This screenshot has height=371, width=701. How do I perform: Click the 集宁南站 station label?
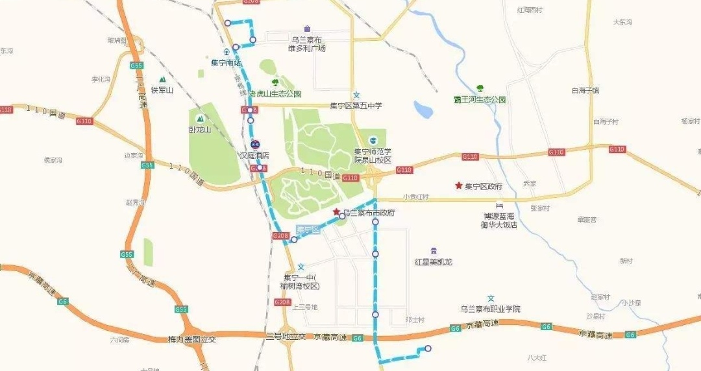click(226, 63)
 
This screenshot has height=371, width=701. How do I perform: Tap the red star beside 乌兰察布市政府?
click(336, 212)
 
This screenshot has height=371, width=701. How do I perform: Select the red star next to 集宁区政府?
click(459, 185)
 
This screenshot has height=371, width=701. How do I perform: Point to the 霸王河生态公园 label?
click(480, 100)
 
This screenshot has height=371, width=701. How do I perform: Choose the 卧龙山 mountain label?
click(200, 129)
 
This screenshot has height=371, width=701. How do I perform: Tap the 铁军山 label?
click(162, 90)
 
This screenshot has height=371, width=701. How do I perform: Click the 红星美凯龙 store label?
click(434, 262)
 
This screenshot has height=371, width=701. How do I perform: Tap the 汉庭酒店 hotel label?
click(254, 156)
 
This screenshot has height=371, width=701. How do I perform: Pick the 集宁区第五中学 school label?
click(356, 106)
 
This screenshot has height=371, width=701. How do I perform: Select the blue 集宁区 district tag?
click(309, 230)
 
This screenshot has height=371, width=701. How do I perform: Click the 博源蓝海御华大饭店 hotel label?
click(499, 221)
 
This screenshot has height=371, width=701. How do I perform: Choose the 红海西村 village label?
click(529, 10)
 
